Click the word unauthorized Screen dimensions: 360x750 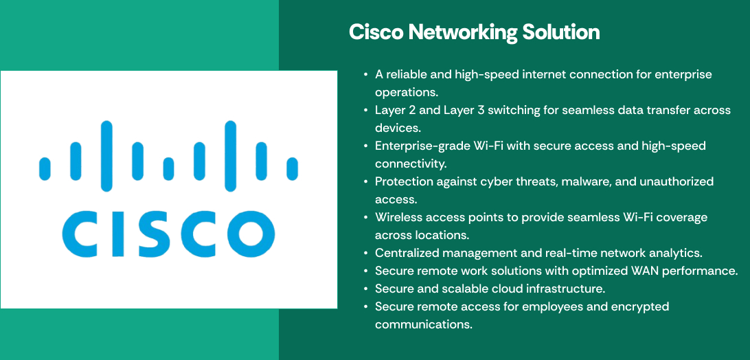click(678, 181)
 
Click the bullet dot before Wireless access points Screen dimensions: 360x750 click(366, 217)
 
